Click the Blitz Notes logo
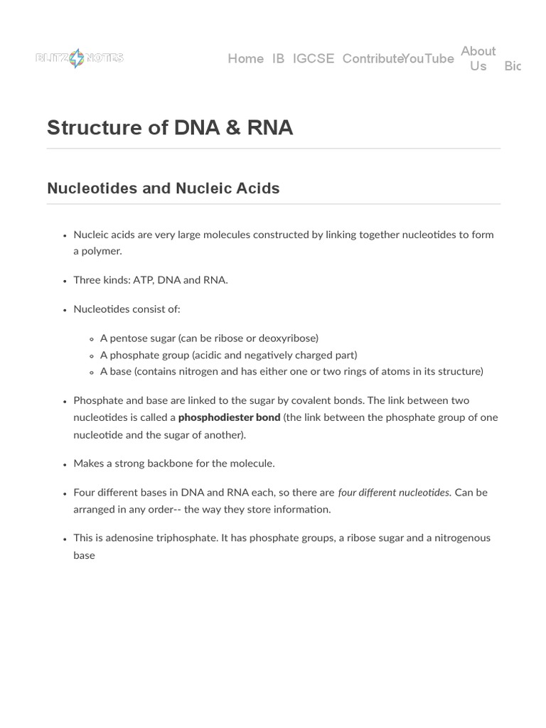tap(79, 58)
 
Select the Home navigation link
tap(245, 59)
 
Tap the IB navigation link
tap(278, 59)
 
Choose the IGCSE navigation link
tap(313, 59)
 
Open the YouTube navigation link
tap(428, 59)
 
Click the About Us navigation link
tap(478, 58)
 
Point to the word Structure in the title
tap(92, 128)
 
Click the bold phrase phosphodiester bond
tap(229, 417)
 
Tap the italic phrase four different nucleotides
tap(394, 492)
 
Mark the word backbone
tap(192, 464)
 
